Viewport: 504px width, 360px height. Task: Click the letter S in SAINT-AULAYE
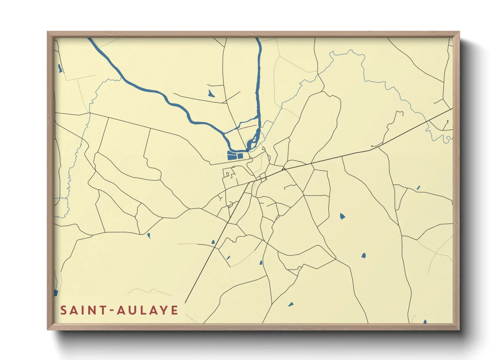(x=64, y=310)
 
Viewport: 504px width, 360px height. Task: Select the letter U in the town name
(x=132, y=310)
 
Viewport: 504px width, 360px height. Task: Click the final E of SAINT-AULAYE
(x=174, y=310)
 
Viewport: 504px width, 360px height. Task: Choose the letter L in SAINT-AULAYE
(x=141, y=310)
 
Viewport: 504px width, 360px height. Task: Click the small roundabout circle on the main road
(x=283, y=169)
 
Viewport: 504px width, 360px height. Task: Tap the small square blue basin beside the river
(x=240, y=156)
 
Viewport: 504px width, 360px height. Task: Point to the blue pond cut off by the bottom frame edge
(x=425, y=322)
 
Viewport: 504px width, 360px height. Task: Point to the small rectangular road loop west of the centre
(x=227, y=175)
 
